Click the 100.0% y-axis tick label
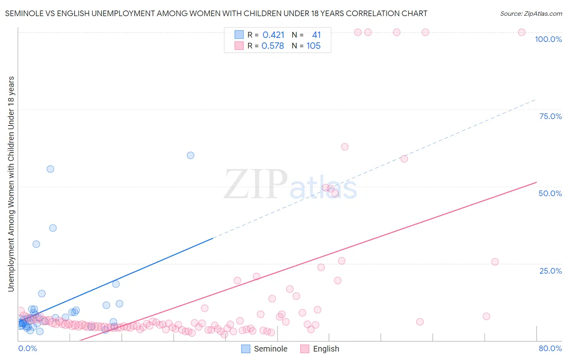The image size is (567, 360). (x=548, y=39)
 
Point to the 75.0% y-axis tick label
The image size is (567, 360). (x=550, y=116)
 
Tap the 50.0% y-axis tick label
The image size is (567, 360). (x=550, y=193)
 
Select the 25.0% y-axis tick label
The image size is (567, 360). (x=550, y=270)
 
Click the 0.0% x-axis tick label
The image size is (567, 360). (x=27, y=348)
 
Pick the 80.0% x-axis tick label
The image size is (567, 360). (x=550, y=348)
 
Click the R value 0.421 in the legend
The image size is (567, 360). (x=273, y=35)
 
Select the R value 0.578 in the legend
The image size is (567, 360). (x=273, y=46)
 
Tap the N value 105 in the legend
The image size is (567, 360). (x=313, y=46)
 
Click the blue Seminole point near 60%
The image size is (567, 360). (x=190, y=155)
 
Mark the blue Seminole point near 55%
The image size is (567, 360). (x=50, y=169)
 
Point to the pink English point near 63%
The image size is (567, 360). (x=344, y=147)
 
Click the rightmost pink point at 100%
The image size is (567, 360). (x=521, y=32)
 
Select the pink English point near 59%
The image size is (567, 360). (x=404, y=159)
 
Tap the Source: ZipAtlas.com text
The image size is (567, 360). (x=531, y=13)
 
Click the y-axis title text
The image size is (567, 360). (x=11, y=184)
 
